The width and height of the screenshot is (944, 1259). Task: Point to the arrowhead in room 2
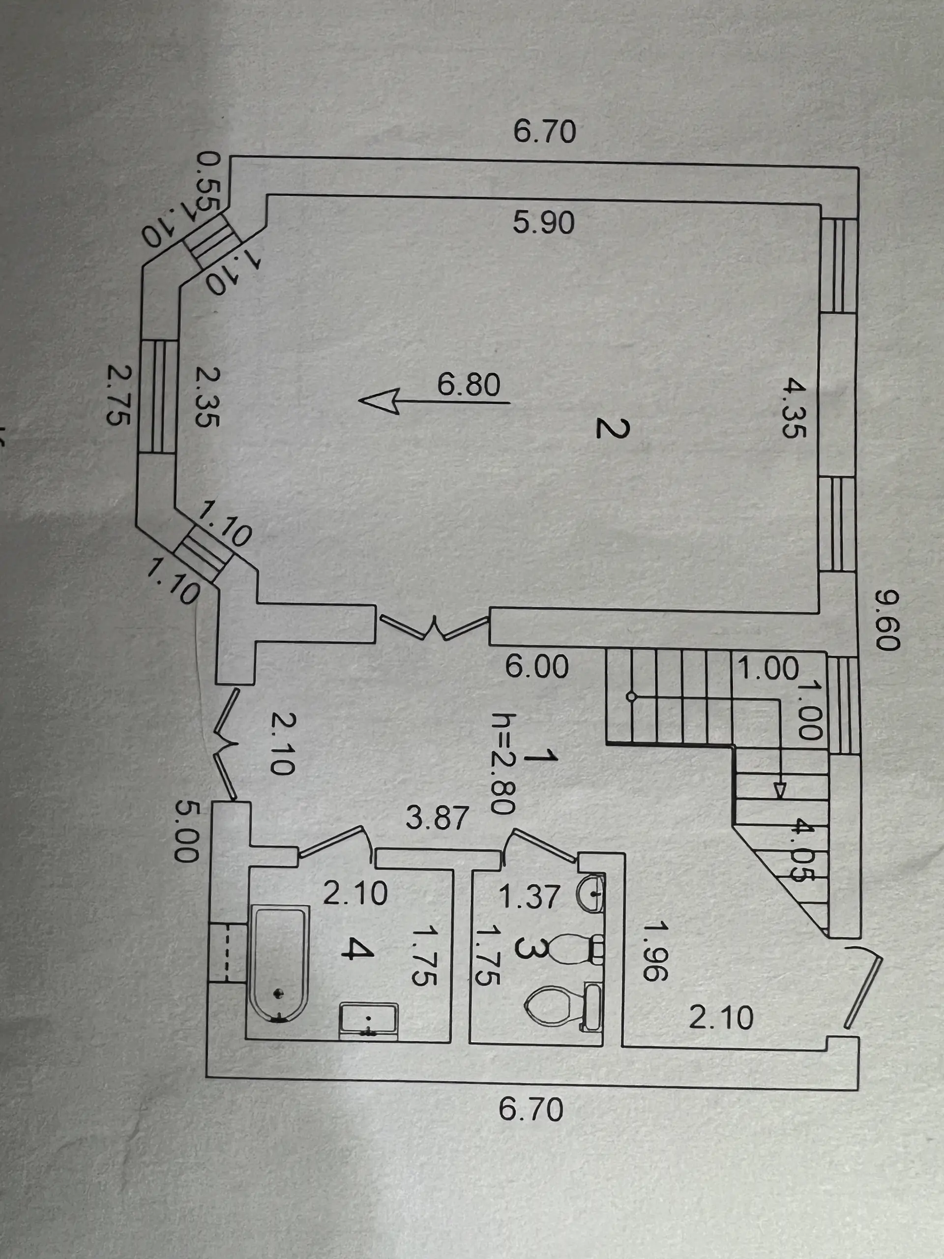[x=379, y=401]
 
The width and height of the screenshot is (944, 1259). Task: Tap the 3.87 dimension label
[x=437, y=818]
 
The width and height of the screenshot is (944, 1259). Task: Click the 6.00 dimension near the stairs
[x=536, y=666]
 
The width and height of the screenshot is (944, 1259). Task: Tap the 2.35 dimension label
[x=206, y=397]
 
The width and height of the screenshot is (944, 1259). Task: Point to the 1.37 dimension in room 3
[x=529, y=897]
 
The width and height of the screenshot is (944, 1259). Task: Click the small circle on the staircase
[x=631, y=696]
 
